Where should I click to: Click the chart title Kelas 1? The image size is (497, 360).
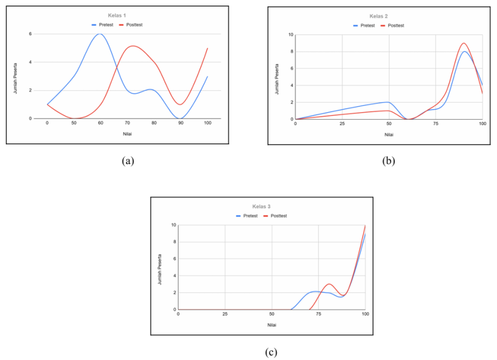[x=117, y=14]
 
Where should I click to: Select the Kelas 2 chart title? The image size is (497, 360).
[x=378, y=16]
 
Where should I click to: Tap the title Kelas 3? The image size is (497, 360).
[x=262, y=206]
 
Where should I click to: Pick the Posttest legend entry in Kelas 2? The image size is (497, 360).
[x=396, y=26]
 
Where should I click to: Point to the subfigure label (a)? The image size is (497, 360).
[x=128, y=161]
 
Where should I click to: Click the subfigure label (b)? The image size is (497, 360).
[x=388, y=161]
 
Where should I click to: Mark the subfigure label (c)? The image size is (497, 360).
[x=271, y=352]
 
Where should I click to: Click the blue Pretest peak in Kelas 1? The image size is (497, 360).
[x=99, y=34]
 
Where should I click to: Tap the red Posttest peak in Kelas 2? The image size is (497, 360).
[x=463, y=43]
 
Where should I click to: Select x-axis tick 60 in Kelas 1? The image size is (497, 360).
[x=101, y=123]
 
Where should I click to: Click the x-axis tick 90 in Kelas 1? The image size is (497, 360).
[x=181, y=123]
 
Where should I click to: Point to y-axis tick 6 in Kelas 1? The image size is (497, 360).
[x=30, y=34]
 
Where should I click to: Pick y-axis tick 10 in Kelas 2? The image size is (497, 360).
[x=290, y=35]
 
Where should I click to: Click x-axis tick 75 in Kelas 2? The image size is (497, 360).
[x=435, y=124]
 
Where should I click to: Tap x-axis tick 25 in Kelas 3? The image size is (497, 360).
[x=225, y=314]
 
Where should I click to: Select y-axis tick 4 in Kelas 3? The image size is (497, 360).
[x=173, y=276]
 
